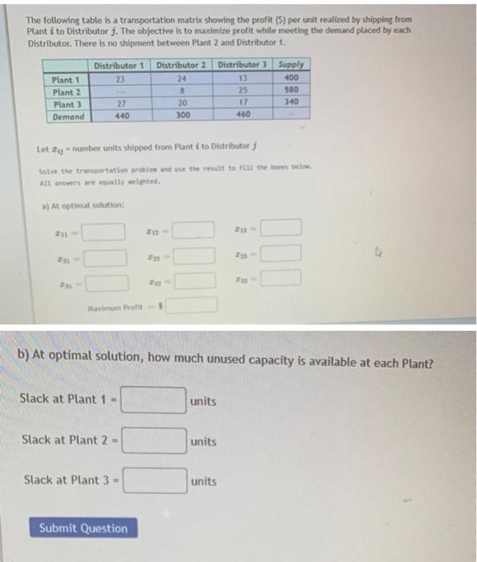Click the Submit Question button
pyautogui.click(x=83, y=528)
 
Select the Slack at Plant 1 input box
pyautogui.click(x=153, y=400)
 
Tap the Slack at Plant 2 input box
pyautogui.click(x=153, y=440)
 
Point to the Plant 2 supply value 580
pyautogui.click(x=291, y=91)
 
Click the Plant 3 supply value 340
pyautogui.click(x=291, y=103)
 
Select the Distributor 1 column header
pyautogui.click(x=119, y=65)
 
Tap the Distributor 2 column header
pyautogui.click(x=181, y=65)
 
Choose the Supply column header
pyautogui.click(x=291, y=65)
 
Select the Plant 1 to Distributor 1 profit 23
pyautogui.click(x=120, y=79)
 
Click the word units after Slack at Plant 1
pyautogui.click(x=204, y=401)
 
